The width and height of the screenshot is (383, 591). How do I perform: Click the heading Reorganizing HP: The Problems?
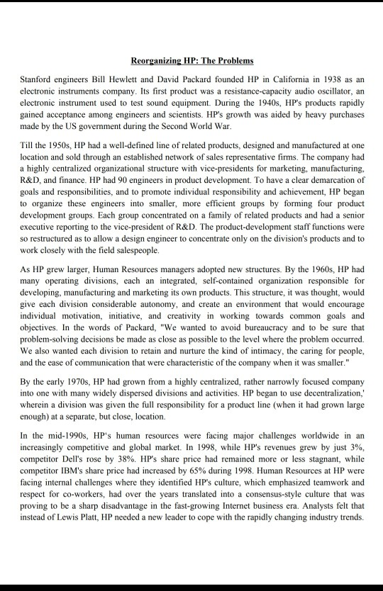point(192,61)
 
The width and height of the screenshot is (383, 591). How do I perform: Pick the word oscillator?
point(332,91)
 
